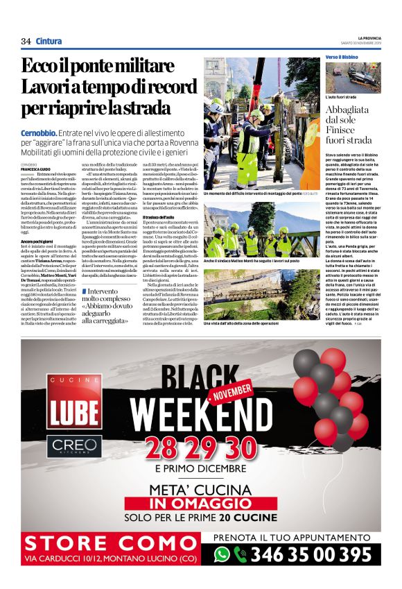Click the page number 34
[x=26, y=41]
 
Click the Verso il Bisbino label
[x=342, y=56]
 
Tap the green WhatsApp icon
[x=221, y=554]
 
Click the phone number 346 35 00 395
[x=311, y=554]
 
